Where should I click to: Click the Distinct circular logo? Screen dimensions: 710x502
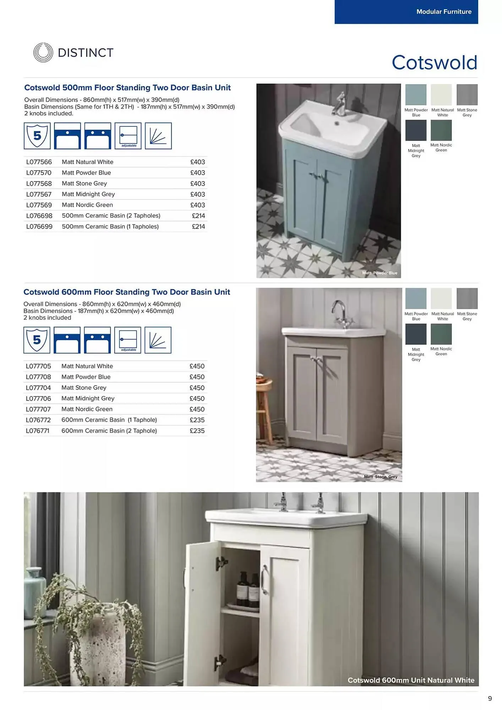[43, 53]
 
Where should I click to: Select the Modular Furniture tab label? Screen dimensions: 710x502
[444, 12]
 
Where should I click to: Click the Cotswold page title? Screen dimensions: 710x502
[434, 62]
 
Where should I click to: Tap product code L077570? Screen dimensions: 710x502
[39, 173]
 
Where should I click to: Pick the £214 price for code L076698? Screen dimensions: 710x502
[198, 216]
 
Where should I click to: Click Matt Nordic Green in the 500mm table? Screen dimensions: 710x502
[87, 205]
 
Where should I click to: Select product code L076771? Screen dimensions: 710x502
[38, 431]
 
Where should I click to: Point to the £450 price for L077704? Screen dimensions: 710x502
[197, 388]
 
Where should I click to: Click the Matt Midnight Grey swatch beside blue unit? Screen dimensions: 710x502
[416, 131]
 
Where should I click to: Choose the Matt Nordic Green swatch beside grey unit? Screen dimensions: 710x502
[441, 334]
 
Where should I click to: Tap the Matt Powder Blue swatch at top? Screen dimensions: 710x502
[416, 95]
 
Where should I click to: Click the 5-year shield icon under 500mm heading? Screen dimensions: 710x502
[37, 136]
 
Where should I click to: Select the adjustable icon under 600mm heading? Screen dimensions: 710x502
[128, 340]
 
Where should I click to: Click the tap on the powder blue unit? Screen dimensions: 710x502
[339, 104]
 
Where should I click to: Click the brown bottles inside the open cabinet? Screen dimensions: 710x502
[248, 589]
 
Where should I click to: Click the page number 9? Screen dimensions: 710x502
[490, 699]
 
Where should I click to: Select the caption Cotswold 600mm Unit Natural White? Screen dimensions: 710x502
[411, 680]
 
